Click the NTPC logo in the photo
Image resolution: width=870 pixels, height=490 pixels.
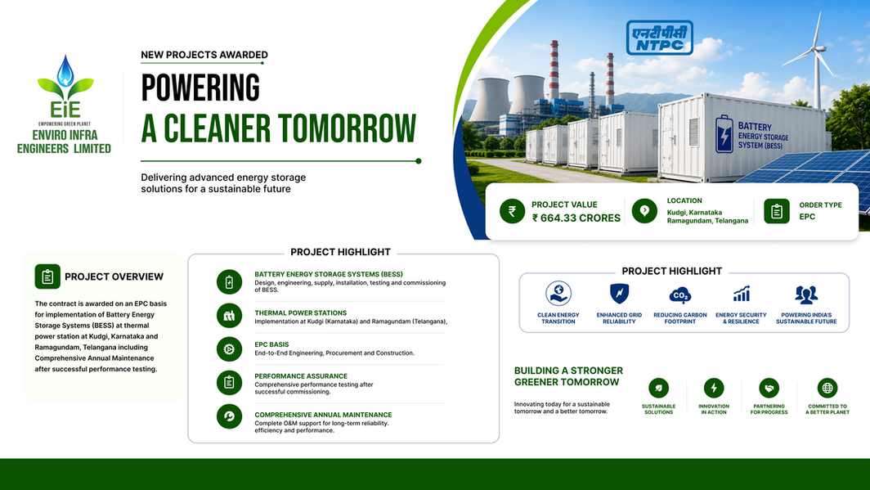[x=660, y=38]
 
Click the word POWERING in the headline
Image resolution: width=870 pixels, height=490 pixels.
[x=200, y=88]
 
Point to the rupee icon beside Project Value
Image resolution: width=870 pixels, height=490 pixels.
[x=512, y=211]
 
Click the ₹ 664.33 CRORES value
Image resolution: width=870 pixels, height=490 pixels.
[x=576, y=218]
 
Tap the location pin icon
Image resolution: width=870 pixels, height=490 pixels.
[x=644, y=211]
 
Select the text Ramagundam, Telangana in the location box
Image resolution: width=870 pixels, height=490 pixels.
[x=707, y=221]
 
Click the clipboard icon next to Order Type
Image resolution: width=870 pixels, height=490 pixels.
[x=777, y=211]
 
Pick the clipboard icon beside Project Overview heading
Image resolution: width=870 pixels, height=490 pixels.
[x=47, y=276]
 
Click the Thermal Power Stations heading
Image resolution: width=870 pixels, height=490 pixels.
[x=301, y=313]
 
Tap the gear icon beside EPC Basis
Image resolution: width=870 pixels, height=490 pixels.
[x=229, y=349]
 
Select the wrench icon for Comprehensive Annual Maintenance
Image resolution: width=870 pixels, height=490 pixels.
[x=229, y=416]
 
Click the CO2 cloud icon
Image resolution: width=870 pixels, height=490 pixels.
[x=679, y=295]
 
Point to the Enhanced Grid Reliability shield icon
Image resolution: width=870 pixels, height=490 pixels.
[x=619, y=293]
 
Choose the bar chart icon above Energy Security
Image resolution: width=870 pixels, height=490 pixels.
[x=742, y=294]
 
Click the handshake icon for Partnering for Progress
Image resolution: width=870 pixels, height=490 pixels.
[x=769, y=389]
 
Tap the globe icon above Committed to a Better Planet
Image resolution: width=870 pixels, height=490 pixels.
[x=827, y=389]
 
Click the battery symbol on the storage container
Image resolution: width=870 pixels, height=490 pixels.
[x=724, y=133]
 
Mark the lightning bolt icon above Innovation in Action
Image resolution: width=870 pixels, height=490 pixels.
[x=714, y=389]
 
